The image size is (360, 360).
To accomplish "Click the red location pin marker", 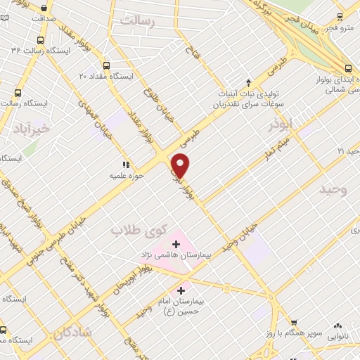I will [181, 165].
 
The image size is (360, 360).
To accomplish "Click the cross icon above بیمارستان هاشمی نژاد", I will [176, 243].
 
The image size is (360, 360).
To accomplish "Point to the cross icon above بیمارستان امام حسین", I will [181, 289].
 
